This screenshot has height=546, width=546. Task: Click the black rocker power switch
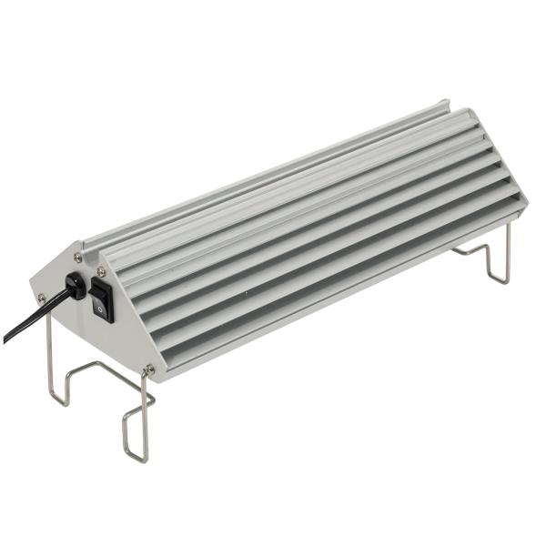[x=102, y=299]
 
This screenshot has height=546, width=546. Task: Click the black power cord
[x=36, y=314]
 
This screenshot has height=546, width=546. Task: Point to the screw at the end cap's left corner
[x=41, y=297]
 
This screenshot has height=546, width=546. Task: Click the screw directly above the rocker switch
[x=99, y=271]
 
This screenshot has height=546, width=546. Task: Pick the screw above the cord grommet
[x=78, y=258]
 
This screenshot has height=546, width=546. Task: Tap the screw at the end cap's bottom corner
[x=149, y=369]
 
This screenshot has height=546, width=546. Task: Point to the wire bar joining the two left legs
[x=91, y=367]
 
